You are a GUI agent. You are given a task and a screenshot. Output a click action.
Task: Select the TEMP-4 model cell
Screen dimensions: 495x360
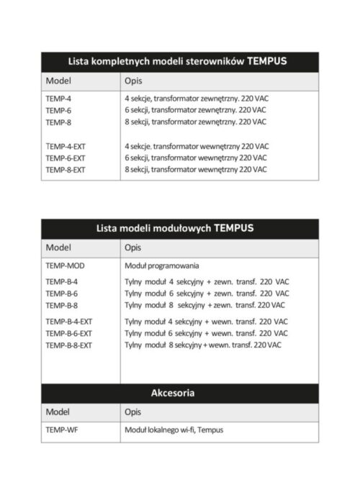click(58, 98)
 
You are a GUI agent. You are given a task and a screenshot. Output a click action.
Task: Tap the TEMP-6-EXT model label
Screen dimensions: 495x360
click(66, 158)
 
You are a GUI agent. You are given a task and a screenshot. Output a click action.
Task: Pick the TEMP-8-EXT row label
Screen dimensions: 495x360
click(66, 170)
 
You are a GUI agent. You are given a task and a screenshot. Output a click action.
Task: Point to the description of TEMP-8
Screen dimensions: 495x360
click(197, 122)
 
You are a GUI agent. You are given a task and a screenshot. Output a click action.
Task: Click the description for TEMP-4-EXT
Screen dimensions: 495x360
click(197, 145)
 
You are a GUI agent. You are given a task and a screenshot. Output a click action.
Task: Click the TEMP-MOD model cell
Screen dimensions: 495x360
click(65, 265)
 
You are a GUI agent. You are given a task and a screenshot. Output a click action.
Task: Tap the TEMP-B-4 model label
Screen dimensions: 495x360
click(61, 281)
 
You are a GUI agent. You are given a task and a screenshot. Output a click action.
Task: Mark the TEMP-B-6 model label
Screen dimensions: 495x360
click(61, 294)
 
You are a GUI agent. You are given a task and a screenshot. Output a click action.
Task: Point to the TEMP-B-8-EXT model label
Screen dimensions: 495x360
click(69, 345)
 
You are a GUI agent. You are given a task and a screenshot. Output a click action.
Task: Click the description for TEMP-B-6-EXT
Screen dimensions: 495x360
click(206, 334)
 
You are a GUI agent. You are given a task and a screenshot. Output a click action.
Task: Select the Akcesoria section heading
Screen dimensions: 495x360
click(174, 394)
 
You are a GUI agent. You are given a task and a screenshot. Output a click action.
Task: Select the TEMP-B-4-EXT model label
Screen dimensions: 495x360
click(69, 322)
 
